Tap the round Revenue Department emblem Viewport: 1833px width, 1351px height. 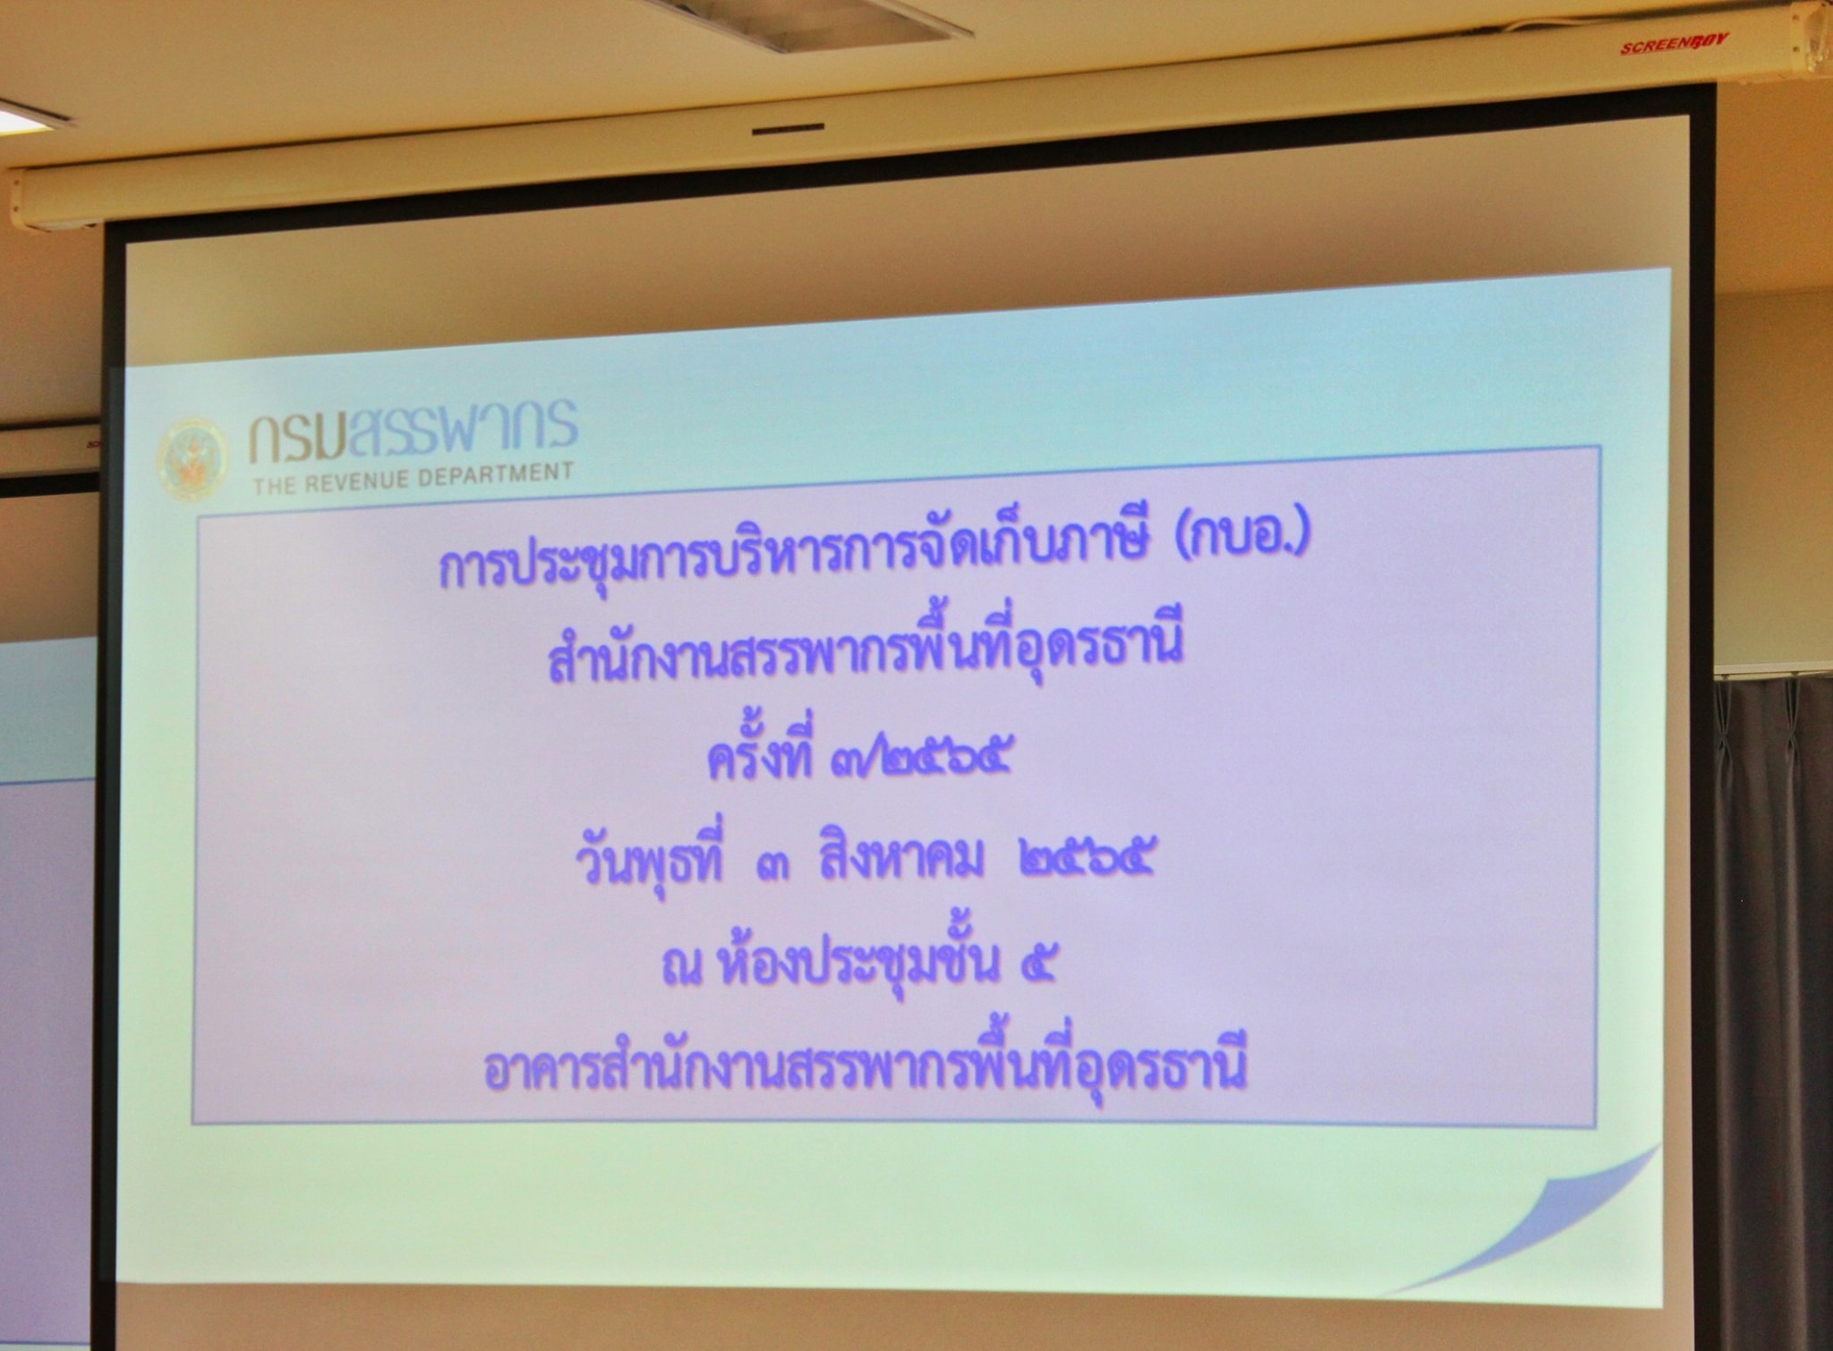pyautogui.click(x=192, y=459)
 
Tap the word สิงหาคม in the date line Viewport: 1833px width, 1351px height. pyautogui.click(x=900, y=862)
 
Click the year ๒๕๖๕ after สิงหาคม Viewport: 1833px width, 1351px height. pyautogui.click(x=1084, y=861)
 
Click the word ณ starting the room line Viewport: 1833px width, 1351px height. pyautogui.click(x=681, y=969)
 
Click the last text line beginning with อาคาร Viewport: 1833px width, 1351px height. pyautogui.click(x=865, y=1065)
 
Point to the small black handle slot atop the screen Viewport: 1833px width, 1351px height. pyautogui.click(x=788, y=129)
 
